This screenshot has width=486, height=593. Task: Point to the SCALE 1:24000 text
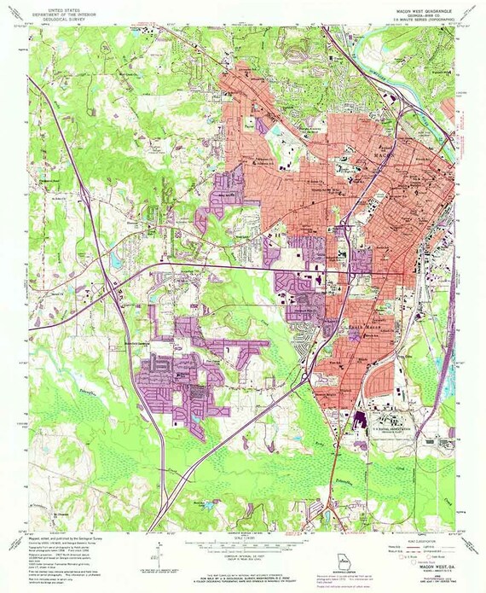pos(243,532)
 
